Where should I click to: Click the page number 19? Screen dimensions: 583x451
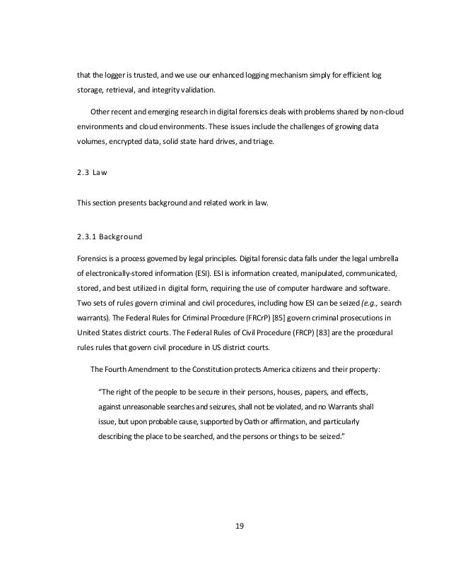pyautogui.click(x=225, y=524)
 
